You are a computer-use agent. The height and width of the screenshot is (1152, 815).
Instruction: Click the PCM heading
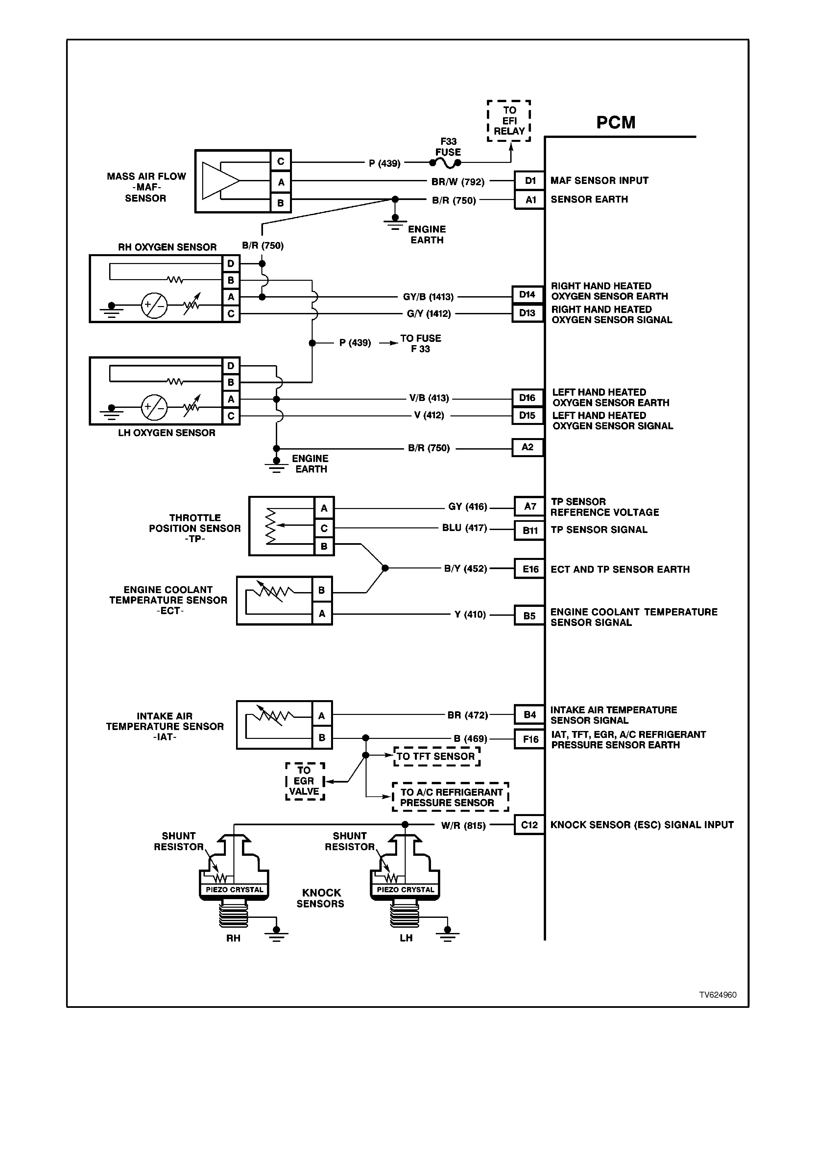[x=616, y=122]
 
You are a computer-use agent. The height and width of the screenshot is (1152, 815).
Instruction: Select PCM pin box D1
[x=530, y=181]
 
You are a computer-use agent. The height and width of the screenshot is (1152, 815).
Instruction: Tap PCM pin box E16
[x=530, y=569]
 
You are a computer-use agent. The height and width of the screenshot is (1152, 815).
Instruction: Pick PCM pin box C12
[x=530, y=825]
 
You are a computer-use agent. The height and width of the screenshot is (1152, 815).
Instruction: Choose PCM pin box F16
[x=530, y=739]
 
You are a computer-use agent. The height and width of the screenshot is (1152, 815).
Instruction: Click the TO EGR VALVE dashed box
[x=305, y=781]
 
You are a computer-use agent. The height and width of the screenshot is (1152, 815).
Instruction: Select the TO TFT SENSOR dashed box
[x=436, y=756]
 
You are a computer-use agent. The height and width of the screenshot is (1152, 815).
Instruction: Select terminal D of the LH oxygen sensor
[x=230, y=366]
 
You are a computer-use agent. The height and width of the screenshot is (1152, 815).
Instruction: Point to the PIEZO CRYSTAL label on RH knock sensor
[x=234, y=890]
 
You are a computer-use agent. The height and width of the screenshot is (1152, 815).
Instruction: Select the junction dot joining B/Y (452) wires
[x=385, y=568]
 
